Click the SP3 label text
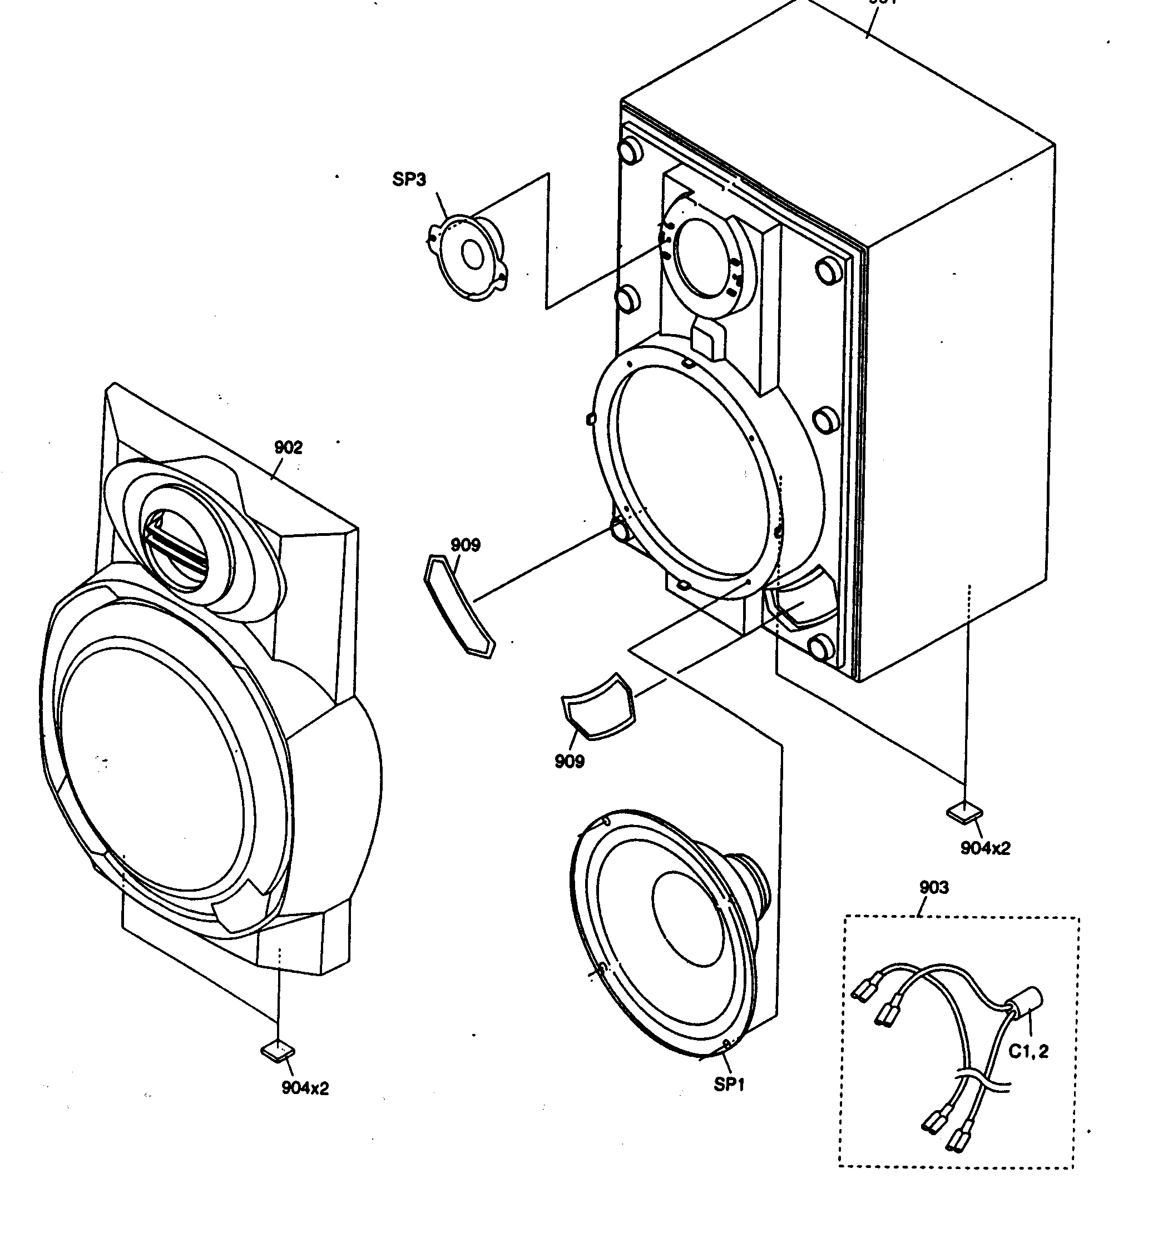(409, 180)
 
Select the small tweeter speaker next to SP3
(468, 257)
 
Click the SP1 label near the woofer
(729, 1084)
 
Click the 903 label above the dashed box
(934, 887)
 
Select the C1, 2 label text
(1028, 1051)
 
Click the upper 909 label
(466, 545)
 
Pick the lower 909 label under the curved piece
(570, 761)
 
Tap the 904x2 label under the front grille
(305, 1088)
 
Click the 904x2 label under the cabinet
(985, 848)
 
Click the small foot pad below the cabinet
(964, 812)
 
